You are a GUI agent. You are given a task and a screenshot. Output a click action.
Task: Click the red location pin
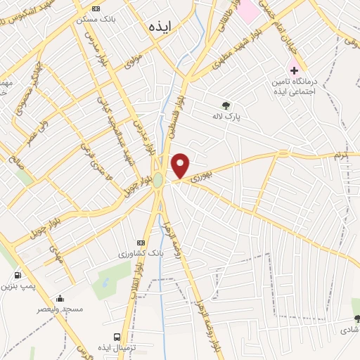181,166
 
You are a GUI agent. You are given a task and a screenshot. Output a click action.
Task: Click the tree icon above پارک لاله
226,105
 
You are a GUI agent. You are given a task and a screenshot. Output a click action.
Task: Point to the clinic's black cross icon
294,72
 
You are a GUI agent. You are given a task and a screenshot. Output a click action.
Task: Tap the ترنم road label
342,153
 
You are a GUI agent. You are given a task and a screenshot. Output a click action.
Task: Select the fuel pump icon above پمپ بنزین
17,275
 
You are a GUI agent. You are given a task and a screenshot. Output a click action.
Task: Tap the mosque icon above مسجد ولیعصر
60,298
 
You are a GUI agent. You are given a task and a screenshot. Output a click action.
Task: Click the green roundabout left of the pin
159,181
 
